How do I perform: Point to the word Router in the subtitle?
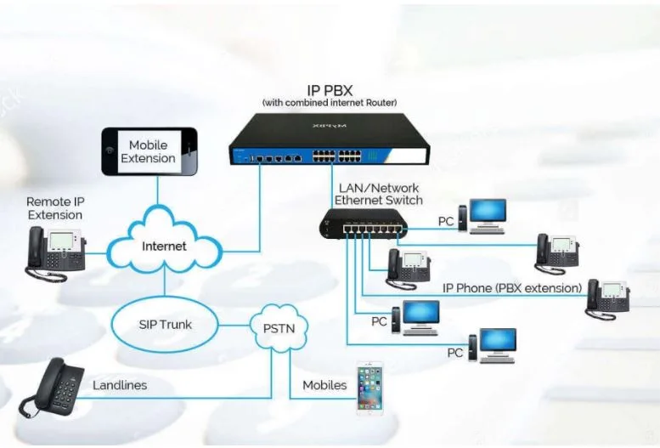[380, 103]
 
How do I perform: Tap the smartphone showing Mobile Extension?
[149, 152]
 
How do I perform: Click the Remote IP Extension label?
[55, 208]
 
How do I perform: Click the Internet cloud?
[164, 246]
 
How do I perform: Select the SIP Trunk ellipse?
[165, 324]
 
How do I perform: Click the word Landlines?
[119, 385]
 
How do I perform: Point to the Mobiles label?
[324, 385]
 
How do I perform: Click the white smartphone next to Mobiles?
[369, 388]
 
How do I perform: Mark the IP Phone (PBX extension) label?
[511, 288]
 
